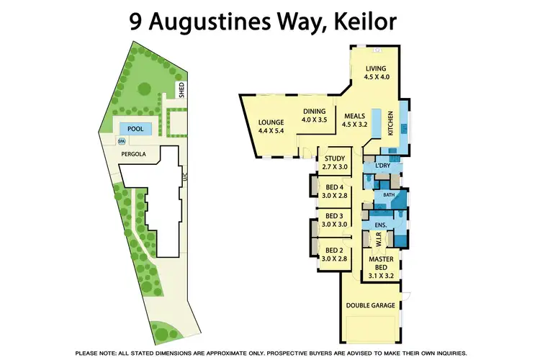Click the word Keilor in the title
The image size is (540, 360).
pos(361,21)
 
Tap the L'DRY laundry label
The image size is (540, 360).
pos(382,166)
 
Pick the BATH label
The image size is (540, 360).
pos(389,195)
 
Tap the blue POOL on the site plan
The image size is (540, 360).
pos(135,129)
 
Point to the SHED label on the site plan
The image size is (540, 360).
pos(181,90)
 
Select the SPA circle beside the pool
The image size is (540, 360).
pos(122,141)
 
